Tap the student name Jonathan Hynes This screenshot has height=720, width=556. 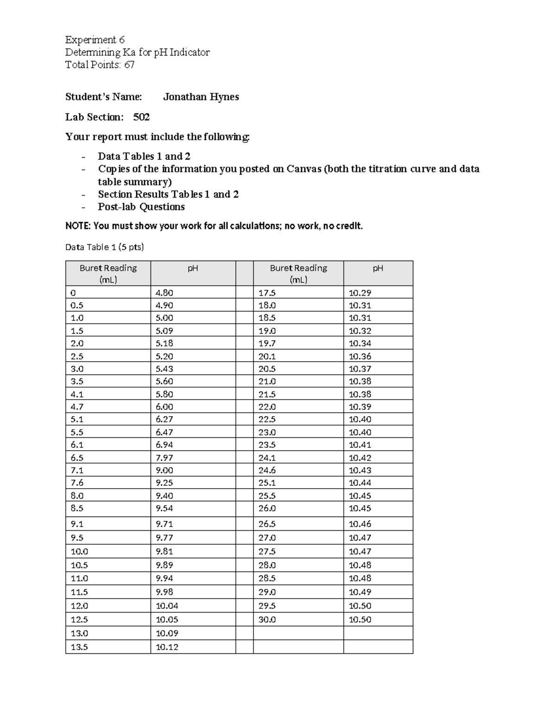click(x=201, y=97)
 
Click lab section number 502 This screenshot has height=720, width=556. click(x=141, y=117)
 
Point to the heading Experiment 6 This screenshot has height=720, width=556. click(x=95, y=39)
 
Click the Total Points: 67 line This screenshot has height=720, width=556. click(x=100, y=64)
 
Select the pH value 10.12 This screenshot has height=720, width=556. click(x=167, y=647)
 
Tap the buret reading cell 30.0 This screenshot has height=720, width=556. click(x=267, y=619)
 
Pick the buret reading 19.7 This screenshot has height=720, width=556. click(x=266, y=344)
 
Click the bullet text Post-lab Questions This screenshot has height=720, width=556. click(x=141, y=207)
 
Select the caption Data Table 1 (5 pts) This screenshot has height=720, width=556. click(x=104, y=247)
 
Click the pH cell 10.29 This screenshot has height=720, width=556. click(x=360, y=293)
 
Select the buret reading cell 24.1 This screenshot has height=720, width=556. click(x=266, y=458)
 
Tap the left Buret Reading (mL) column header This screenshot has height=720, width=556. click(x=108, y=274)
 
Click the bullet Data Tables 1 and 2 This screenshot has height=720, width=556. click(x=144, y=156)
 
